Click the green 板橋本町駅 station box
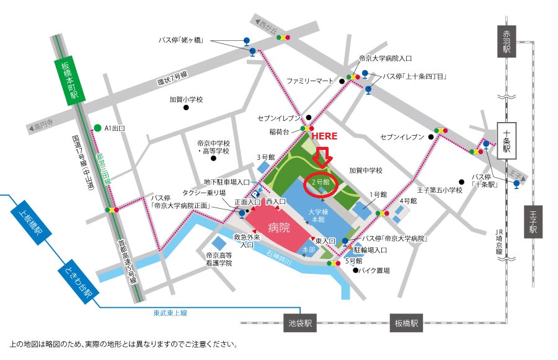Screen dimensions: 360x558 click(69, 80)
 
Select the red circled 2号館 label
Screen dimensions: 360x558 click(322, 183)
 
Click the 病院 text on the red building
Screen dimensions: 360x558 click(278, 227)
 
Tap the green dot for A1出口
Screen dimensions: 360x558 click(97, 128)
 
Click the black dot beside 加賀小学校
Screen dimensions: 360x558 click(185, 107)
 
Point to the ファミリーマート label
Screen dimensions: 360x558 click(311, 81)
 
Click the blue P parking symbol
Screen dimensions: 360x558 click(254, 212)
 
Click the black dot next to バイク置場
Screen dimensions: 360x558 click(356, 270)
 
